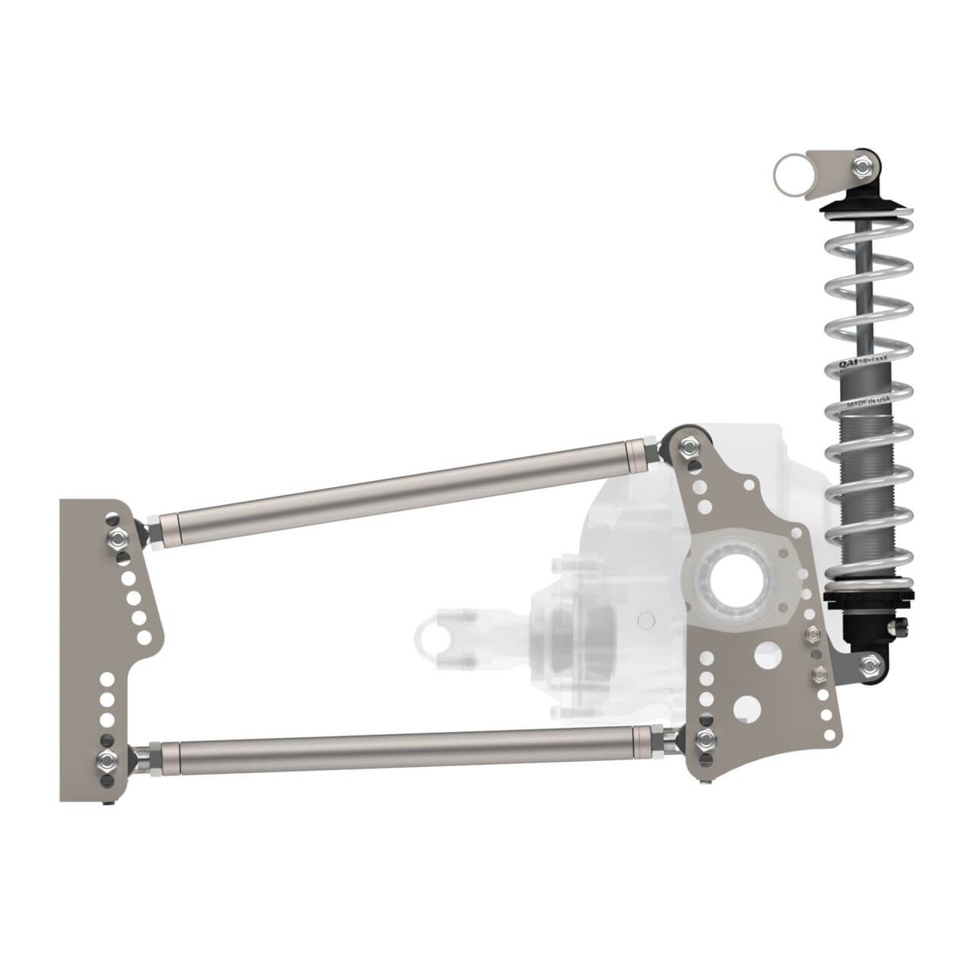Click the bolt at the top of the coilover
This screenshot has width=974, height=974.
pos(862,165)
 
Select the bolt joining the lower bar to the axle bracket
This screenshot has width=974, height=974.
pos(705,737)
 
